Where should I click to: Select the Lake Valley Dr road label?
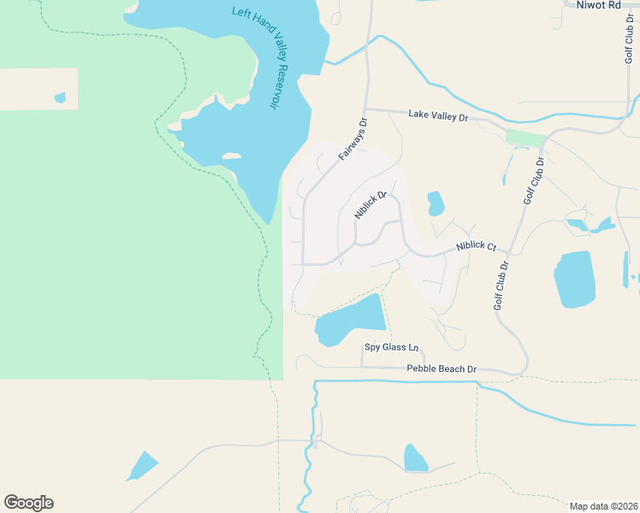(438, 115)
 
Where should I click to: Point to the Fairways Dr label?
(352, 140)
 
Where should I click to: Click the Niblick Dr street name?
(370, 205)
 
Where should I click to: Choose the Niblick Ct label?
(476, 246)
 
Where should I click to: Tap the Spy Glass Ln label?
(392, 348)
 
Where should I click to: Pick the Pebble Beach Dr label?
(441, 369)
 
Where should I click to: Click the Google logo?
(28, 503)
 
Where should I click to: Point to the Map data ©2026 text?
(603, 505)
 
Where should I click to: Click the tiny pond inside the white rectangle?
(60, 97)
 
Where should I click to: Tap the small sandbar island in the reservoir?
(231, 156)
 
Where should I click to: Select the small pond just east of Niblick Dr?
(436, 203)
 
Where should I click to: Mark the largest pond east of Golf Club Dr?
(574, 279)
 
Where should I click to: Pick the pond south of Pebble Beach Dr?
(415, 458)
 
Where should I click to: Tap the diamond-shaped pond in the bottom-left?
(142, 466)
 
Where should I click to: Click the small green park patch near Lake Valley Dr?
(524, 139)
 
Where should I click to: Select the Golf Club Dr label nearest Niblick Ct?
(501, 285)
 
